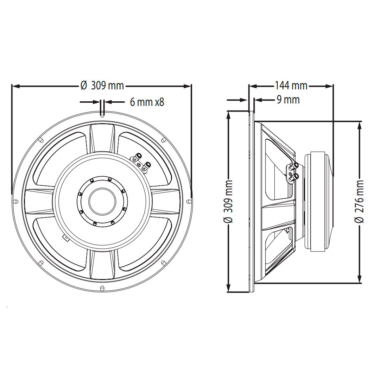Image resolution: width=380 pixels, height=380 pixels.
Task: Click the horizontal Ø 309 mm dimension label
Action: point(102,85)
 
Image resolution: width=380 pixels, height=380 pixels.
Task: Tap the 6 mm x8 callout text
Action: point(147,102)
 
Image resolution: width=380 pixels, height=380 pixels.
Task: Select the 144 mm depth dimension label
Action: point(291,85)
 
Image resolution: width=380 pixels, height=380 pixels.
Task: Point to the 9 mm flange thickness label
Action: point(288,100)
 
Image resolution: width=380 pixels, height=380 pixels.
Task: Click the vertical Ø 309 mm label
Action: point(228,202)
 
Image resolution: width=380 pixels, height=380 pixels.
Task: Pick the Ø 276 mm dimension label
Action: point(359,202)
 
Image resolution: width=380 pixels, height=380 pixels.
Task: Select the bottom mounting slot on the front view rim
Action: point(102,289)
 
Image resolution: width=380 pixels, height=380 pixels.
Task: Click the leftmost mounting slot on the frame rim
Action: point(15,201)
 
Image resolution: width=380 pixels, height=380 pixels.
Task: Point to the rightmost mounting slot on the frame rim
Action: point(189,201)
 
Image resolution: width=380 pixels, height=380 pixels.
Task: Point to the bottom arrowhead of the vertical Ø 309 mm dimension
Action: point(228,289)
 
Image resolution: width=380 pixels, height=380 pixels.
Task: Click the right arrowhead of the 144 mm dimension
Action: point(330,85)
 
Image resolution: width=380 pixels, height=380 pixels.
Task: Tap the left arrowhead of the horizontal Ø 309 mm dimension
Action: point(15,85)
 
